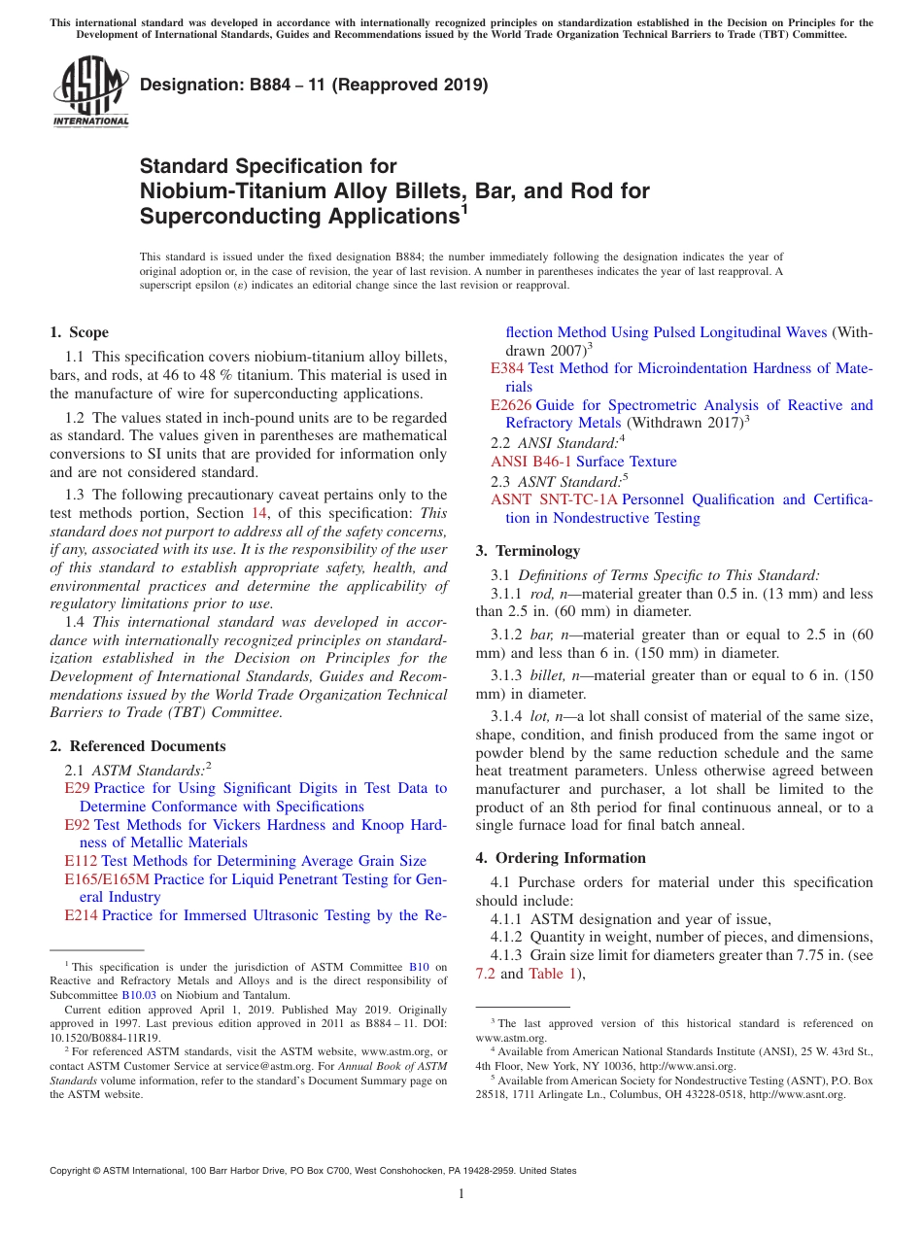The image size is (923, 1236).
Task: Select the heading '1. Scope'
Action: [80, 332]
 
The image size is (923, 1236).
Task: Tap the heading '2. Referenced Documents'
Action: [138, 746]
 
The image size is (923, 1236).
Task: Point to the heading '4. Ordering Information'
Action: [561, 858]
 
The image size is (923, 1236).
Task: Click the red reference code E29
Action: [77, 788]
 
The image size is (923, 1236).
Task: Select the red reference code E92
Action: [77, 825]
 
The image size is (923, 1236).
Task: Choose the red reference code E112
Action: [81, 861]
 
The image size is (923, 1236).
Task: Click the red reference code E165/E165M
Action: [107, 879]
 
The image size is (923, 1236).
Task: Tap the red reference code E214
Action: [81, 915]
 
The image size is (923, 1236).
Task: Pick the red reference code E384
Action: [507, 368]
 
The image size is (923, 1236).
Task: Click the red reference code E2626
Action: [511, 405]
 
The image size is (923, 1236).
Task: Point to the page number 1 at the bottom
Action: [461, 1194]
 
